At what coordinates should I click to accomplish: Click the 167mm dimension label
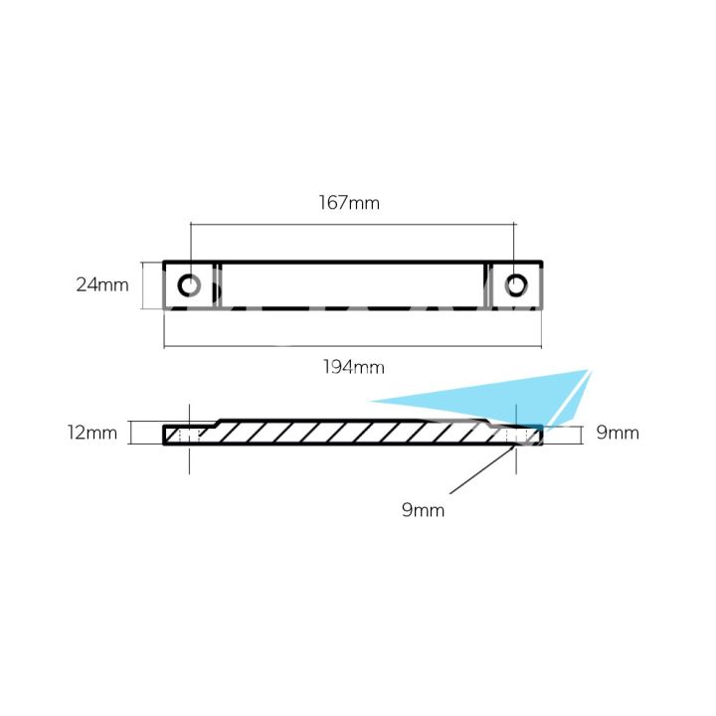click(349, 203)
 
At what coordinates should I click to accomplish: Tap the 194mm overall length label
click(353, 368)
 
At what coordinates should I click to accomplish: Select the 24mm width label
click(102, 285)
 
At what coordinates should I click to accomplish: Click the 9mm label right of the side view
click(618, 433)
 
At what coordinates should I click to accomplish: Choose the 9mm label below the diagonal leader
click(423, 510)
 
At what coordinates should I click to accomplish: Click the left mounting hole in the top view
click(189, 286)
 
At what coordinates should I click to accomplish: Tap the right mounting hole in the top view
click(514, 286)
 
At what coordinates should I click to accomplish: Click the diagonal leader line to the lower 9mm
click(482, 470)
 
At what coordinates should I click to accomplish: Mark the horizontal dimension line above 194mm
click(352, 347)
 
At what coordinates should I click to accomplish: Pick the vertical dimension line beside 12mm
click(131, 434)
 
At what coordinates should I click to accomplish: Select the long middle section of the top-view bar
click(352, 286)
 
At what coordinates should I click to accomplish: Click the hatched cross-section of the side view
click(348, 433)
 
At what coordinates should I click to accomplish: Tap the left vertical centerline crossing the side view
click(189, 457)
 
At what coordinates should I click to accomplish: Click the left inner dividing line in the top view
click(218, 286)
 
